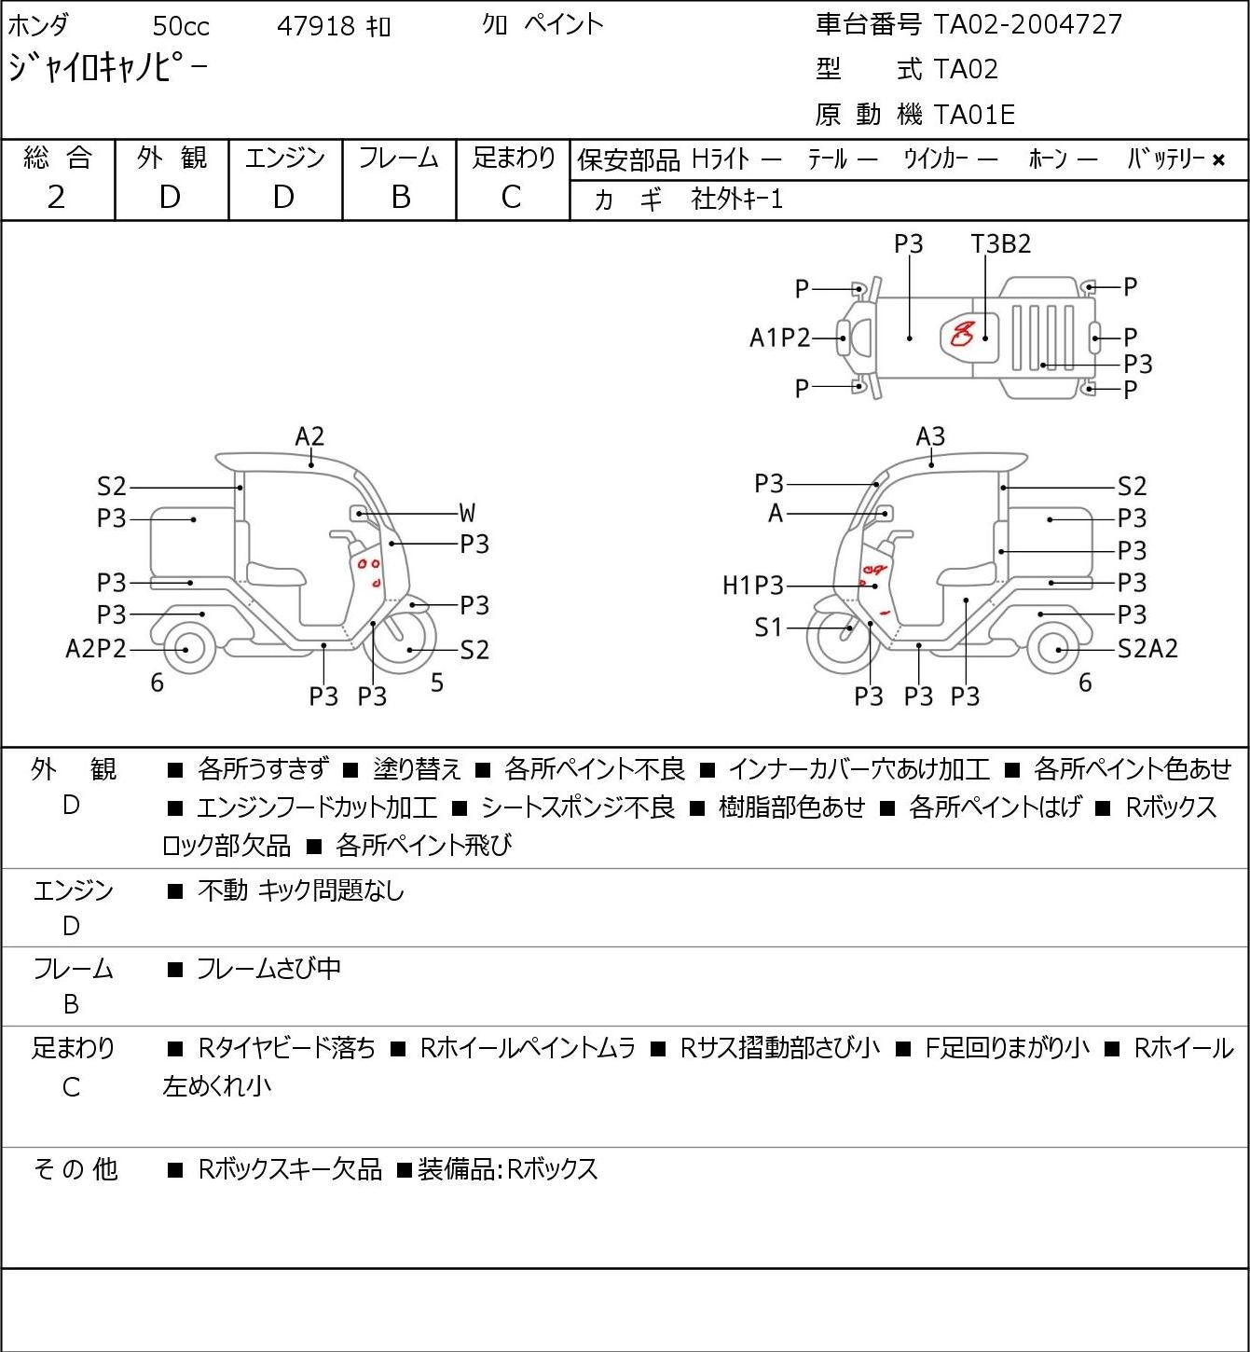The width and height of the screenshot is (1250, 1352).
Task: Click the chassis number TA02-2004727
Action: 1027,24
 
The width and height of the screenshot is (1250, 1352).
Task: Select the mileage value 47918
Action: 316,26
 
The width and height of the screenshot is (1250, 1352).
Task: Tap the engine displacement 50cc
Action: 181,26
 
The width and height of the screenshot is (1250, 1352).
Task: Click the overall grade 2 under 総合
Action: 56,198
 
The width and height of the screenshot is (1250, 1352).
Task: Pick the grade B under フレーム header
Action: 400,198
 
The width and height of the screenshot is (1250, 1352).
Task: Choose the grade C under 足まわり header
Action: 511,198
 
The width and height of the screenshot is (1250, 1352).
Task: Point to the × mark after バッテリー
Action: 1218,160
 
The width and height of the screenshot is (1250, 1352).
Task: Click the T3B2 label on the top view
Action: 1000,243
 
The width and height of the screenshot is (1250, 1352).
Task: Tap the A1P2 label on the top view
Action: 779,338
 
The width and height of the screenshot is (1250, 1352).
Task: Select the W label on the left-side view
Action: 467,513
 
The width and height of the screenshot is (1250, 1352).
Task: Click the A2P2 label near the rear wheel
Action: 96,649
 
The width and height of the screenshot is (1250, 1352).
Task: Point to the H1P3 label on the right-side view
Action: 753,585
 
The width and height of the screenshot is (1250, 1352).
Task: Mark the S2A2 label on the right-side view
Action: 1147,649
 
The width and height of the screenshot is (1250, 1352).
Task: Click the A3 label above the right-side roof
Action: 930,436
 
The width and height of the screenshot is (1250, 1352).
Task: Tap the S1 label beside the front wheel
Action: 769,627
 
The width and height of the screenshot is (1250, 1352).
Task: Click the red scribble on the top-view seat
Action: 962,334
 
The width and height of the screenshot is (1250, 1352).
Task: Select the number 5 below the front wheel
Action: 437,683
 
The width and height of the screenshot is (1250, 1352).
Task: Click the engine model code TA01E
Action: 974,115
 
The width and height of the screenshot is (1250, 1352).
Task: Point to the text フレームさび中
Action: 268,968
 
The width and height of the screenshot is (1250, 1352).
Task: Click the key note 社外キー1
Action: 736,200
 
